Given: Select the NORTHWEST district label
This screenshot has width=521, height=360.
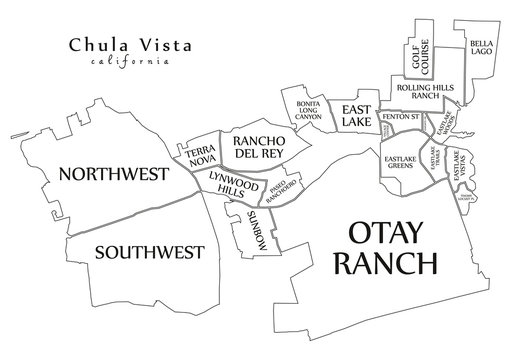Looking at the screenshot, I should tap(112, 174).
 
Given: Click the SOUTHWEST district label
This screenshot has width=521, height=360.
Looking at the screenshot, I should tap(149, 251).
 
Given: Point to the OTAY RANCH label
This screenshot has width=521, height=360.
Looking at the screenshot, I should tap(393, 250).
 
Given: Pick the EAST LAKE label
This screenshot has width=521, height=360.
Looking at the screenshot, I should tap(356, 115).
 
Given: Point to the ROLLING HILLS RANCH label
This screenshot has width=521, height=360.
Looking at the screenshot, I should tap(432, 92).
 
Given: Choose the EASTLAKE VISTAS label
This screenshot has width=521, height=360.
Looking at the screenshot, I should tap(462, 165).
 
